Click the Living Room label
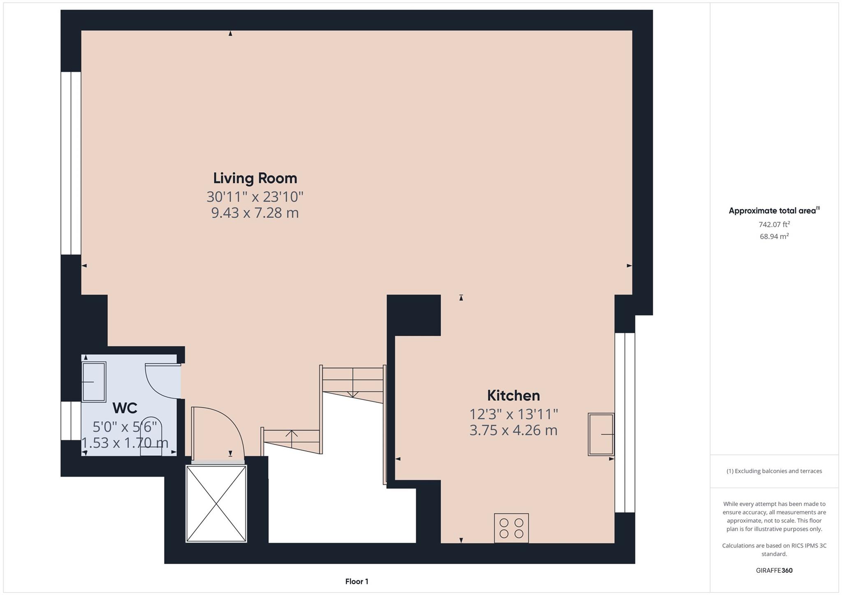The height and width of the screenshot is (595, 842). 255,178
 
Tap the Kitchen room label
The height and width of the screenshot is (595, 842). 513,396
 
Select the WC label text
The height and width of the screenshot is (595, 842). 125,408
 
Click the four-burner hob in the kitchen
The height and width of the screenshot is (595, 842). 511,528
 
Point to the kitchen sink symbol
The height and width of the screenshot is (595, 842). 601,434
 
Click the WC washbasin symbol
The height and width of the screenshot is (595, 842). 94,382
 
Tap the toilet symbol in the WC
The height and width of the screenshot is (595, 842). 151,438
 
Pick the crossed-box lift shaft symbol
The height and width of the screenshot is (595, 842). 216,503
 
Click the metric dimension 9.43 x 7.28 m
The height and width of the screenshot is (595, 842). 255,213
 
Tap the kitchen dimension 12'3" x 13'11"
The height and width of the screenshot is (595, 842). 513,414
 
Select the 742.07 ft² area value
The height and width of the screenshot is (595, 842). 774,224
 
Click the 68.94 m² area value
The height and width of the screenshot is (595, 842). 774,236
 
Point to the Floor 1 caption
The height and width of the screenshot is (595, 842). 356,581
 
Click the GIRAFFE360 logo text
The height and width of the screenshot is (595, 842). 774,570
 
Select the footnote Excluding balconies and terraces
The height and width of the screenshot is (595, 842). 774,471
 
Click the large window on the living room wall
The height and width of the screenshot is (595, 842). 71,163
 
